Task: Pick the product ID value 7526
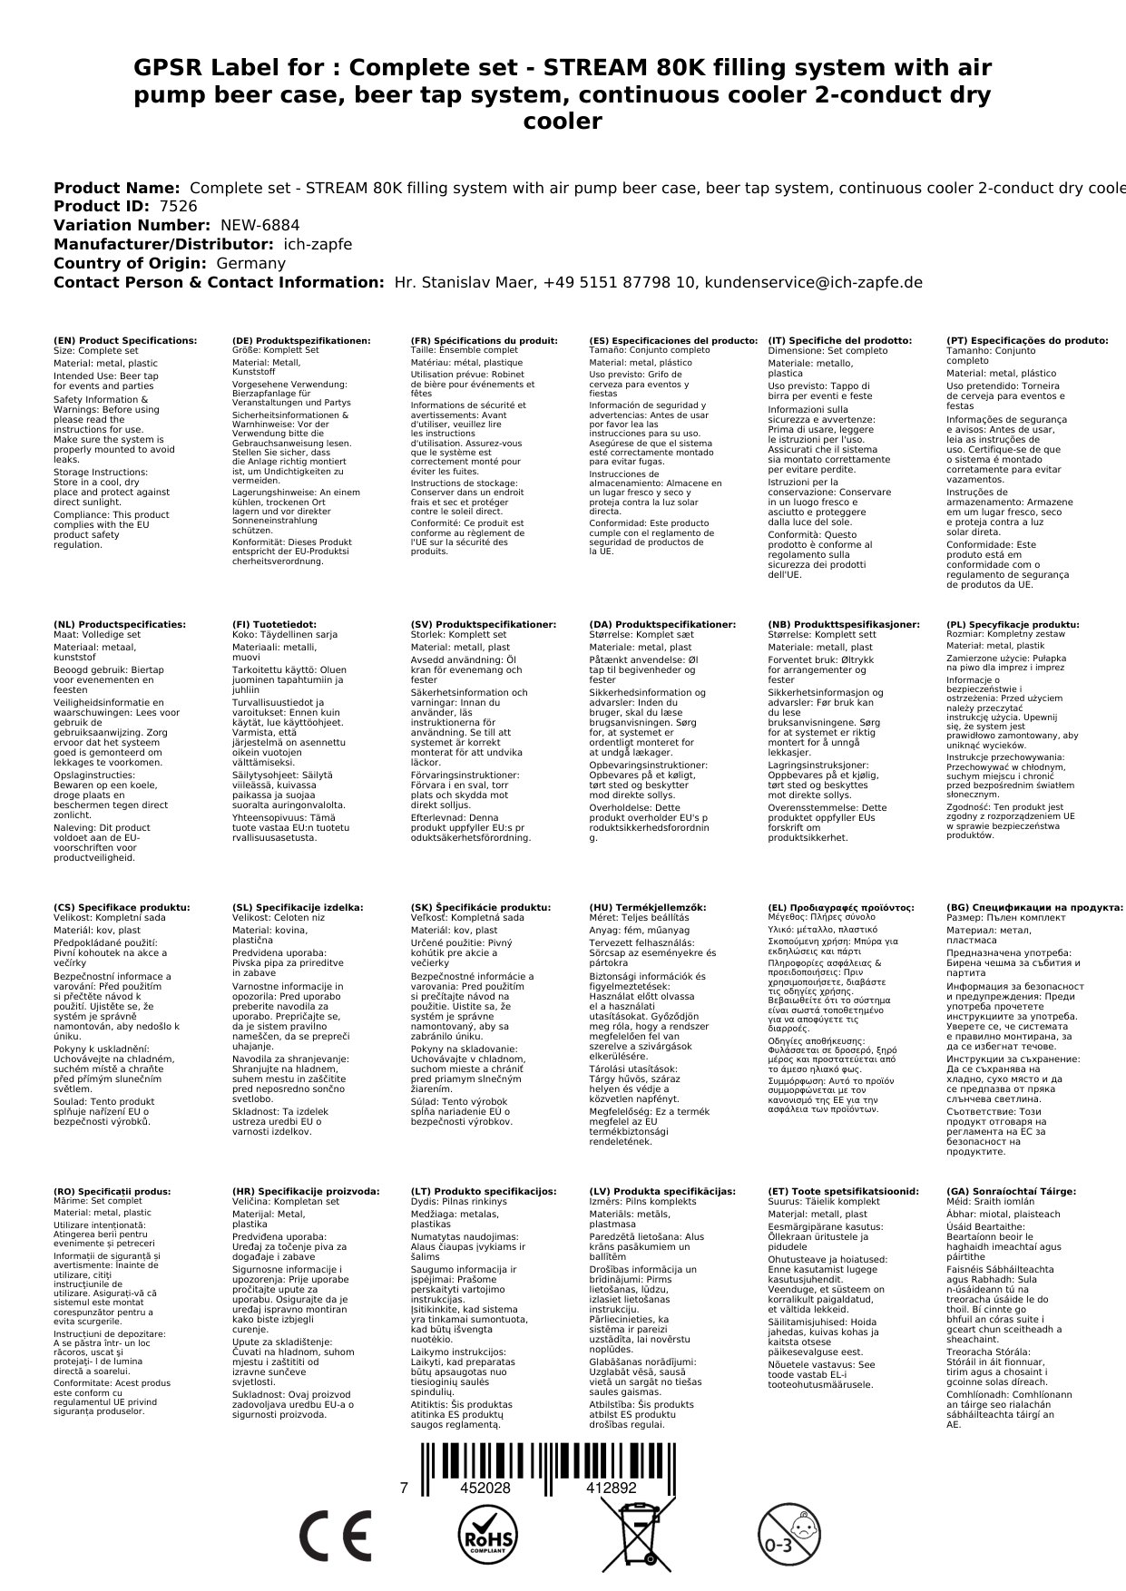tap(178, 207)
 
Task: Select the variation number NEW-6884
tap(260, 226)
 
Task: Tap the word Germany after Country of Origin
tap(251, 264)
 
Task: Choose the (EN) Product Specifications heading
tap(125, 341)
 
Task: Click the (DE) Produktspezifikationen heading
tap(301, 341)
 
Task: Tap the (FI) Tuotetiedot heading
tap(274, 625)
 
